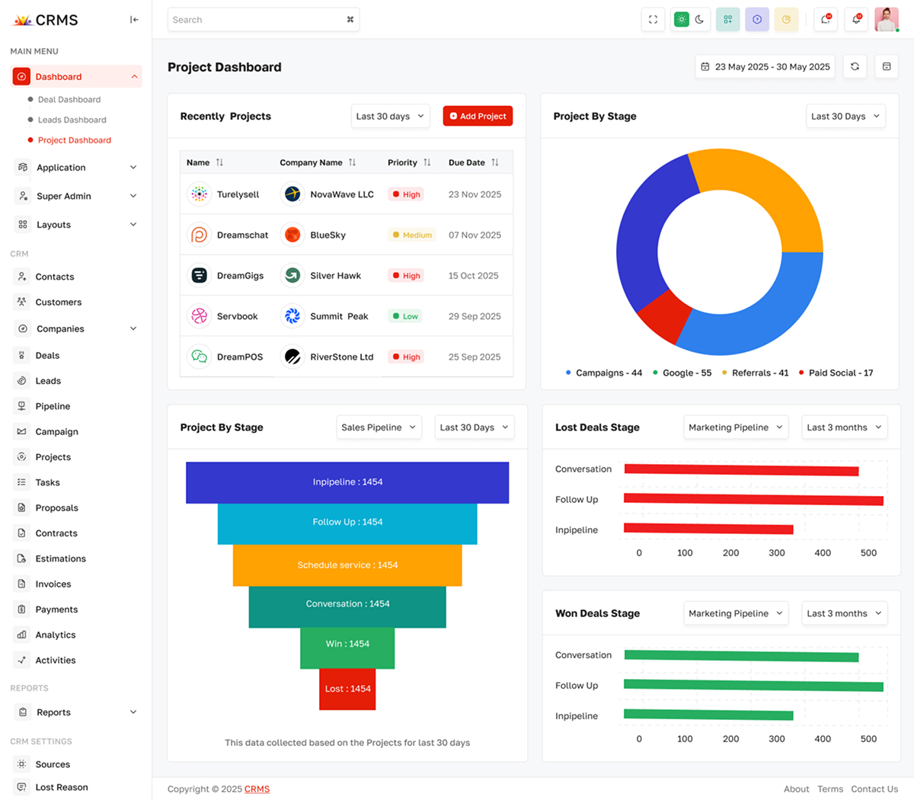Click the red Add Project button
coord(478,116)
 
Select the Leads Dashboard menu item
coord(72,120)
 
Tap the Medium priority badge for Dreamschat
coord(412,235)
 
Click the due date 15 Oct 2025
coord(473,276)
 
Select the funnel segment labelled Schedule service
coord(347,565)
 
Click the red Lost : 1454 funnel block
coord(347,688)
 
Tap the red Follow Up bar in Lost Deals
coord(753,500)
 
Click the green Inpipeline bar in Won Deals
coord(708,715)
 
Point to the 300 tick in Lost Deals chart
coord(776,553)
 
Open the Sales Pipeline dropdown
coord(379,427)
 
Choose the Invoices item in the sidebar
coord(53,584)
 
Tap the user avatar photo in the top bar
coord(886,20)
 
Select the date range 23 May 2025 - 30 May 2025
coord(765,67)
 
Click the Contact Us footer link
coord(874,789)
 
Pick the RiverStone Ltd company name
coord(341,357)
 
